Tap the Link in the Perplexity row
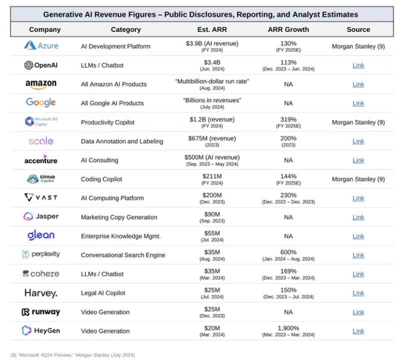[358, 255]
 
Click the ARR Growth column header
[288, 29]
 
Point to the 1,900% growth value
[288, 328]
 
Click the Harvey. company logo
[41, 293]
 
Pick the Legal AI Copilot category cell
[103, 293]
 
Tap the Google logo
[40, 102]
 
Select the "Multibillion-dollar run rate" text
[212, 81]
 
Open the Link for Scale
[358, 141]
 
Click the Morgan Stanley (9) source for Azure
[358, 46]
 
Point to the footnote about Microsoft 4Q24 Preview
[72, 354]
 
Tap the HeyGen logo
[40, 330]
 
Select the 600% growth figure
[288, 252]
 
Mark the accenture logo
[40, 160]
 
